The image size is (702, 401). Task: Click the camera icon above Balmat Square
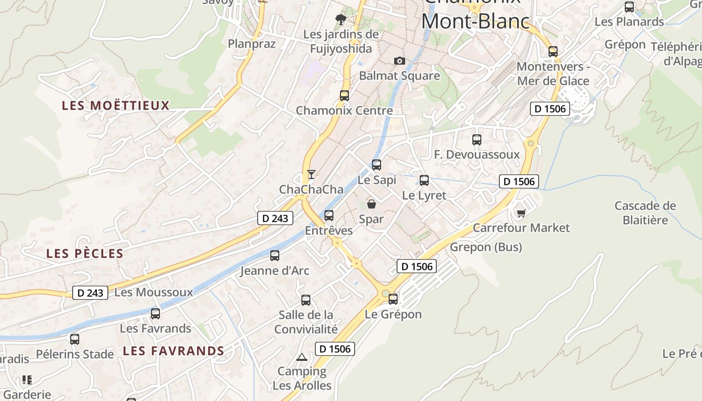click(x=400, y=61)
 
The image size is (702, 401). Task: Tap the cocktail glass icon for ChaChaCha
click(x=311, y=174)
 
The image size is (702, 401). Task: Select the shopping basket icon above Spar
click(x=372, y=204)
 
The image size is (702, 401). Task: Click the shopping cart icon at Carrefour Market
click(x=521, y=214)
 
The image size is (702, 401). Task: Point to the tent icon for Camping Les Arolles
click(x=301, y=357)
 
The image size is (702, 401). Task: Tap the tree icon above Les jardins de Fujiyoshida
click(x=341, y=20)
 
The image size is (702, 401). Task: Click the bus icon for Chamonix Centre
click(x=344, y=95)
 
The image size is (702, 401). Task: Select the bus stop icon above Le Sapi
click(x=377, y=164)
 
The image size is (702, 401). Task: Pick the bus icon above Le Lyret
click(x=424, y=180)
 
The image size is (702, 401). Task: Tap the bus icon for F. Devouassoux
click(x=477, y=140)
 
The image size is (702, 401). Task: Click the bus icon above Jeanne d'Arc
click(x=275, y=256)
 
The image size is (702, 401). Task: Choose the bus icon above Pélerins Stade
click(x=75, y=339)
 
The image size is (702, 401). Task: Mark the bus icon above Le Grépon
click(x=393, y=299)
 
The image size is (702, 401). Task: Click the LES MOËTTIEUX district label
click(x=116, y=106)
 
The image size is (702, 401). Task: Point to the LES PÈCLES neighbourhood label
click(x=85, y=254)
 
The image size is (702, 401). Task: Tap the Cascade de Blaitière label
click(x=645, y=213)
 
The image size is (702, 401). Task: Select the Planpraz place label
click(x=252, y=44)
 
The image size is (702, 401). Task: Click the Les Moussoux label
click(x=153, y=292)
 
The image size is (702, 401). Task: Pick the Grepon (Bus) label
click(x=486, y=247)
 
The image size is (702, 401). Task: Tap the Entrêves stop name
click(x=329, y=231)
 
